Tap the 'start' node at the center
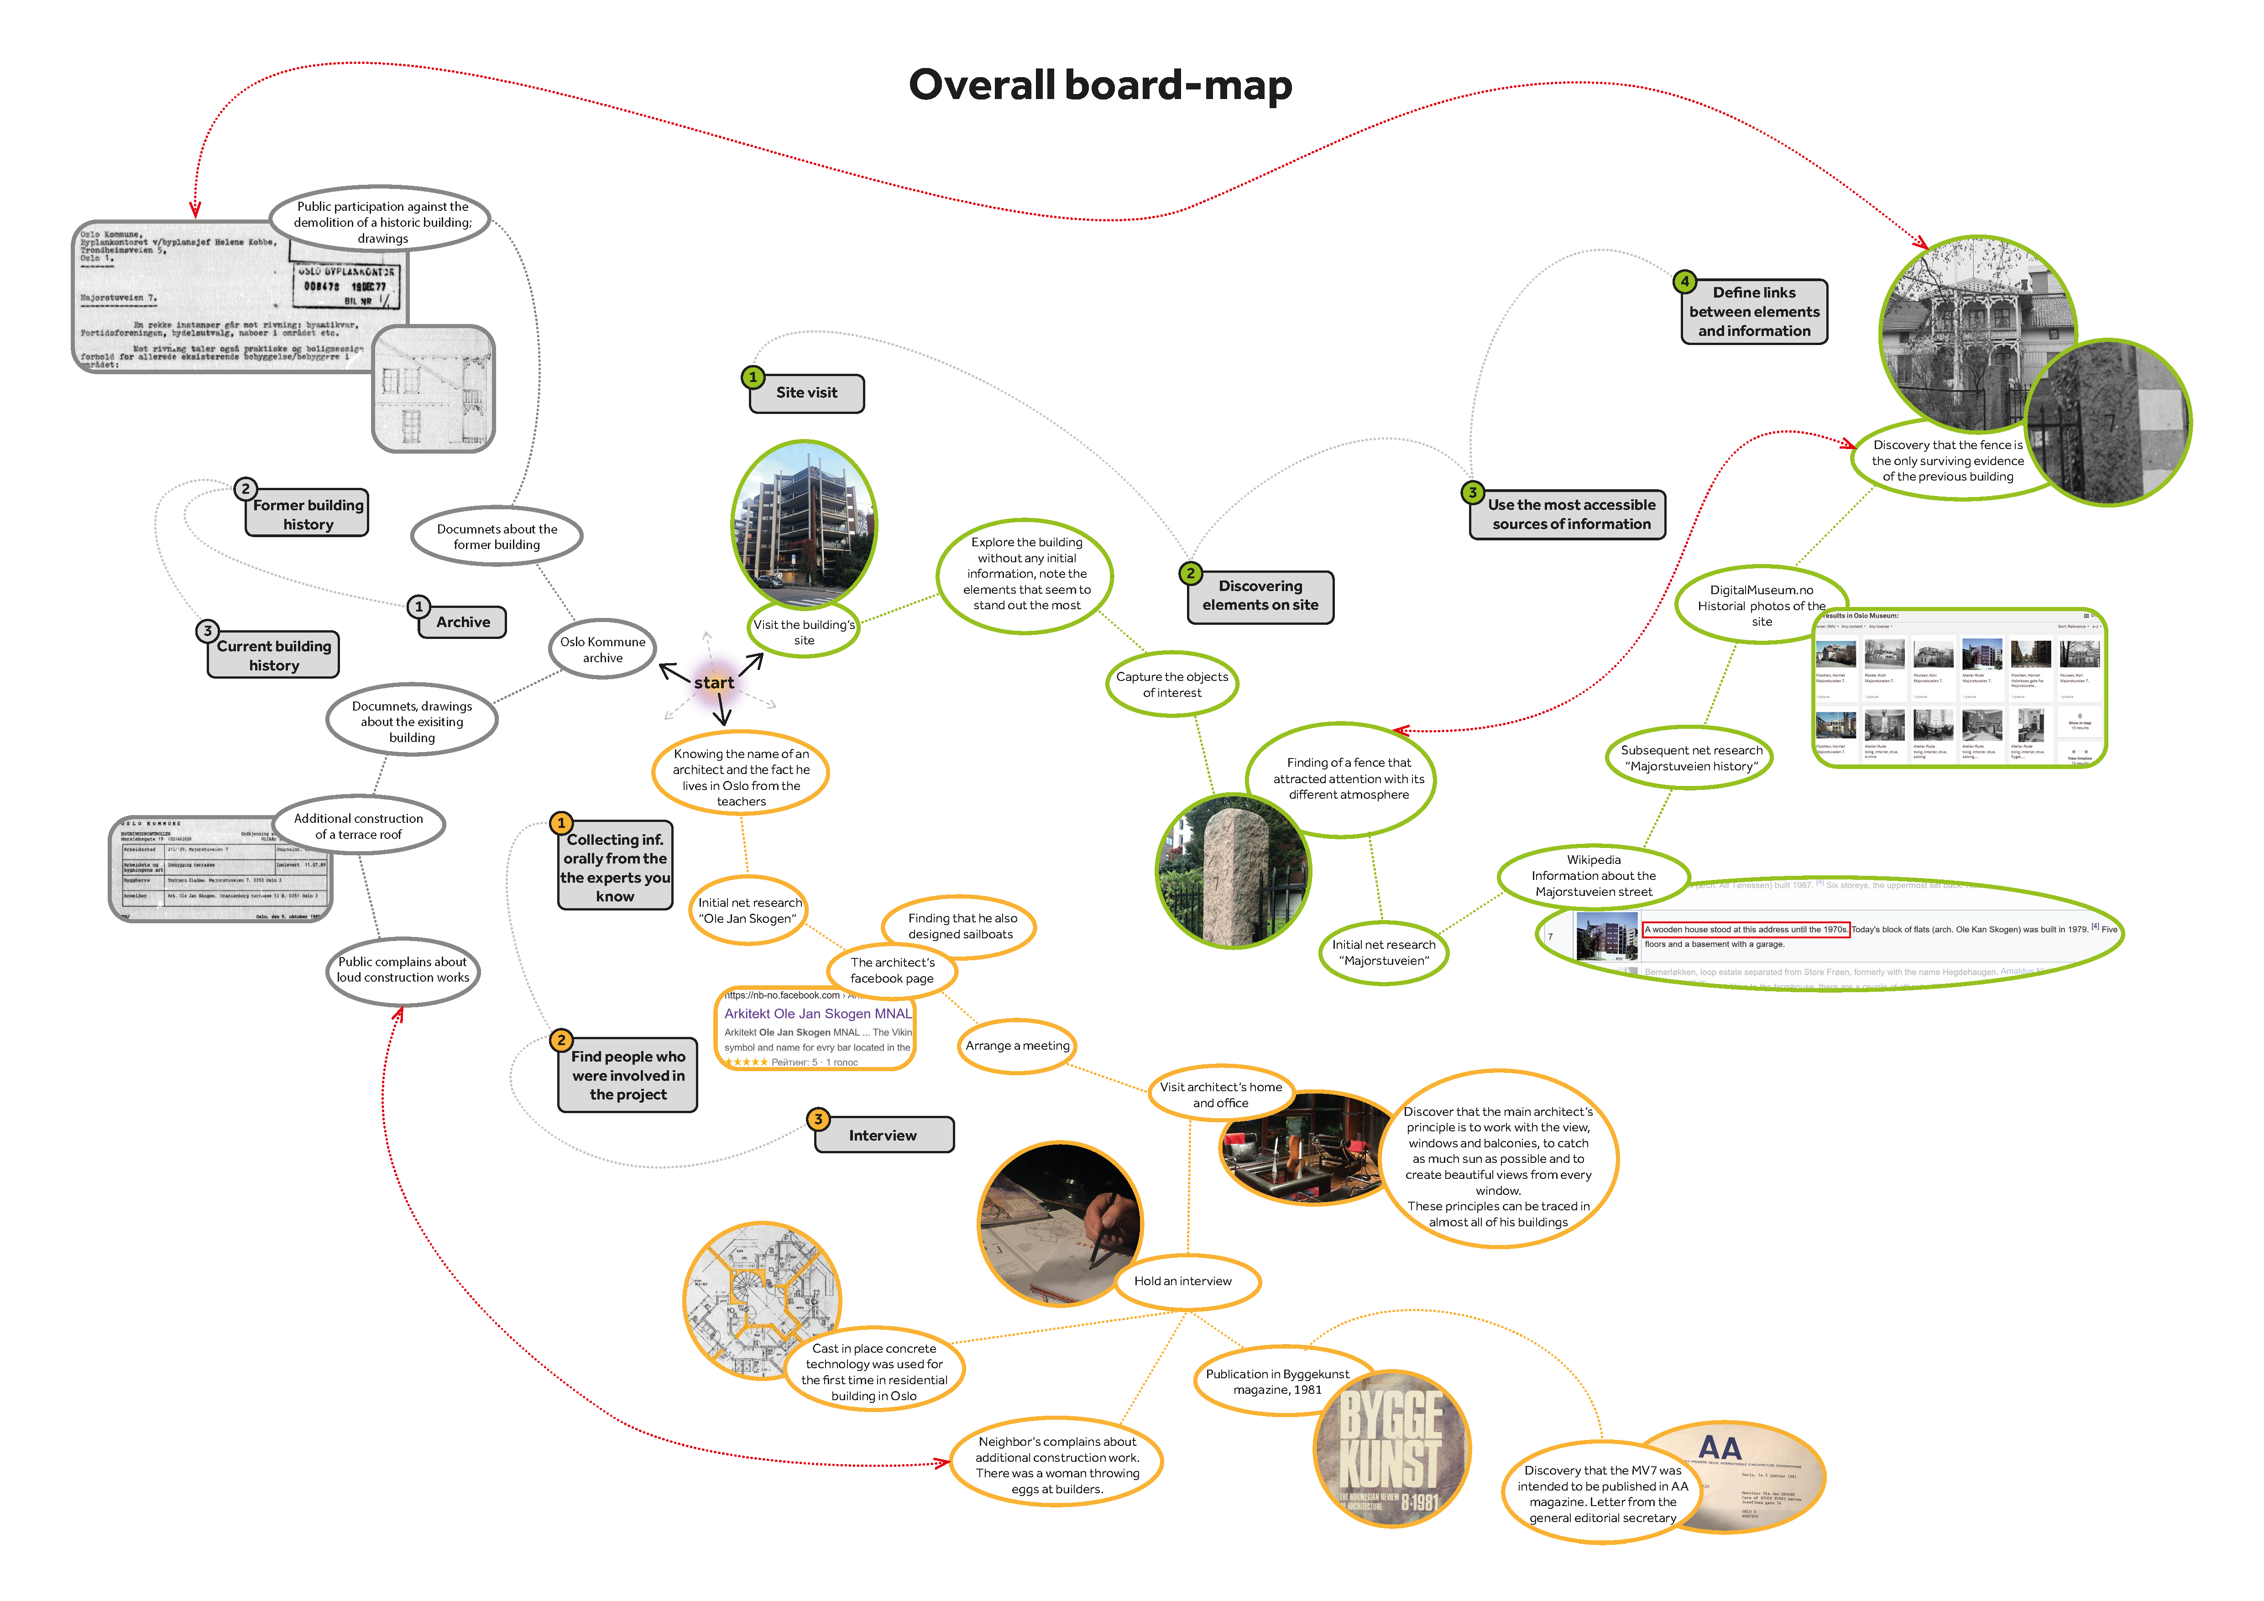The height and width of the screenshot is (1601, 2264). point(714,682)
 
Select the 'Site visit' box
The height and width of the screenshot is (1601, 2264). point(806,392)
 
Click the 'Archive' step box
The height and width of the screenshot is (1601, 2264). point(462,622)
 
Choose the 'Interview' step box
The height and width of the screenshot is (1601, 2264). point(884,1135)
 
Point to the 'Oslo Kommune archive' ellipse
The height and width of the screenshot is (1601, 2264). point(602,649)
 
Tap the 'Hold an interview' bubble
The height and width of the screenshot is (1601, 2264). point(1183,1281)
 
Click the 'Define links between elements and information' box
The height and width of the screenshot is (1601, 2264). point(1754,312)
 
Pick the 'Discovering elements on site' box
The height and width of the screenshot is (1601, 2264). point(1260,596)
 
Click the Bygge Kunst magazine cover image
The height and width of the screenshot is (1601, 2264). point(1392,1449)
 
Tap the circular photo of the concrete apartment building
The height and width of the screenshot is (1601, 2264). point(804,523)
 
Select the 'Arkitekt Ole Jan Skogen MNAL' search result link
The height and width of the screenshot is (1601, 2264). point(817,1014)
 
